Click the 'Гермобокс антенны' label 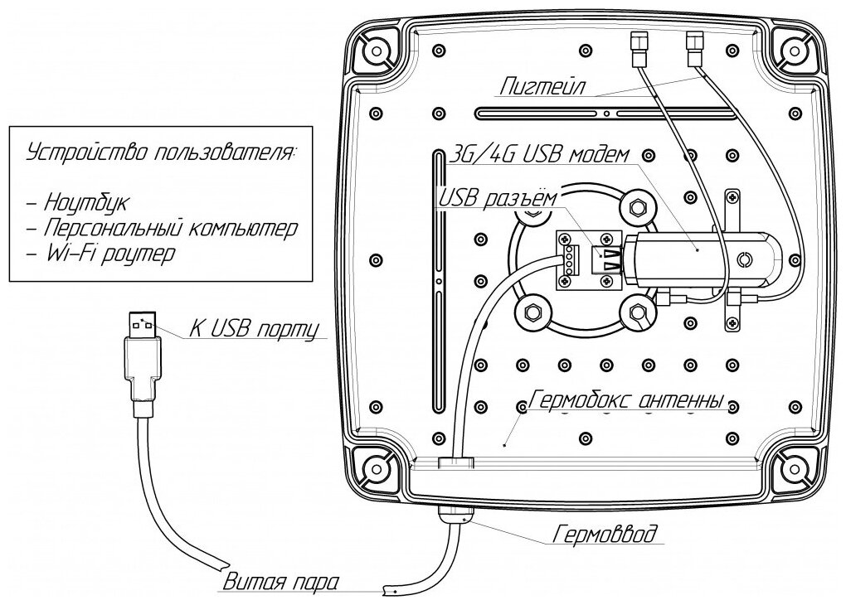tap(626, 401)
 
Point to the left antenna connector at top tap(638, 48)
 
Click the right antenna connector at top tap(694, 48)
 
